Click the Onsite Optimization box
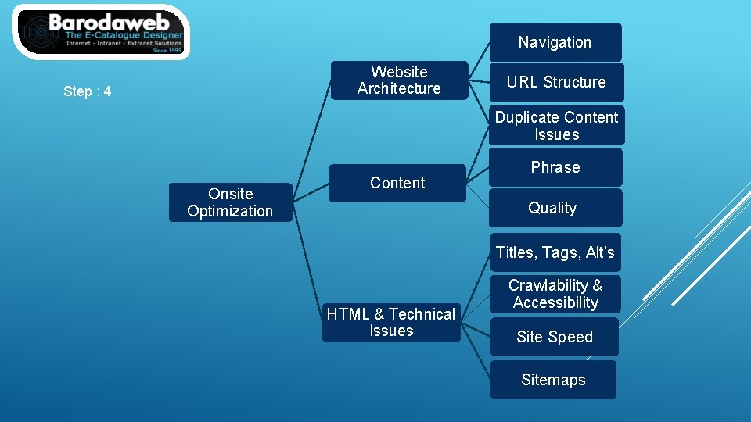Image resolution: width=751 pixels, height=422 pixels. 230,202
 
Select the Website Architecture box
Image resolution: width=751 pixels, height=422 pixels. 399,80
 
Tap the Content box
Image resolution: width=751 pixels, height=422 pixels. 397,183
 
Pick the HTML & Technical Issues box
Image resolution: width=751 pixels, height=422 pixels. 391,322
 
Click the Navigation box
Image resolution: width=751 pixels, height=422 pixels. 555,42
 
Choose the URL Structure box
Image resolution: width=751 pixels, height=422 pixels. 555,82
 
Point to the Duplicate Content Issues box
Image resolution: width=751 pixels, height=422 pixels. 556,126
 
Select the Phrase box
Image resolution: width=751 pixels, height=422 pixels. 555,167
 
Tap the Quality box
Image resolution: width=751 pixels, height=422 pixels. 552,208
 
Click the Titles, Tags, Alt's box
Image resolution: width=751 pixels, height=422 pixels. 555,252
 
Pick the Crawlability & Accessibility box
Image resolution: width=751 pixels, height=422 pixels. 555,294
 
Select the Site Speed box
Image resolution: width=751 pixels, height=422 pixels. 555,337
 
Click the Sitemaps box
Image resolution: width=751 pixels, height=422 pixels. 553,380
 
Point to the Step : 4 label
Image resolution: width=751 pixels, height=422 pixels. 87,91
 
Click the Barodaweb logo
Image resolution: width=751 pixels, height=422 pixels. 102,32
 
